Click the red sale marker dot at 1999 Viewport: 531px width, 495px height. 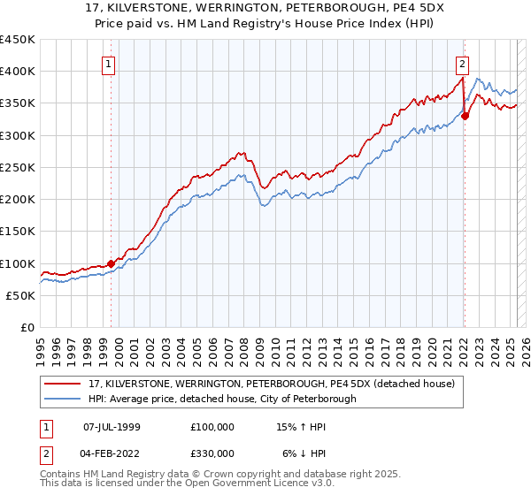(111, 263)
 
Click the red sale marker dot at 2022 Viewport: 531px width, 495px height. (465, 116)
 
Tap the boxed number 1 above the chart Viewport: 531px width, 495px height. (108, 63)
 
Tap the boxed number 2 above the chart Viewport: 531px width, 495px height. (462, 63)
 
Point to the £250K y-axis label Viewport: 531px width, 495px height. (18, 167)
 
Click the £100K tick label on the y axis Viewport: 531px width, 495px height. (18, 263)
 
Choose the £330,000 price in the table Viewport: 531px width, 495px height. (212, 453)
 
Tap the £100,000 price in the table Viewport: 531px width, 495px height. (212, 426)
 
